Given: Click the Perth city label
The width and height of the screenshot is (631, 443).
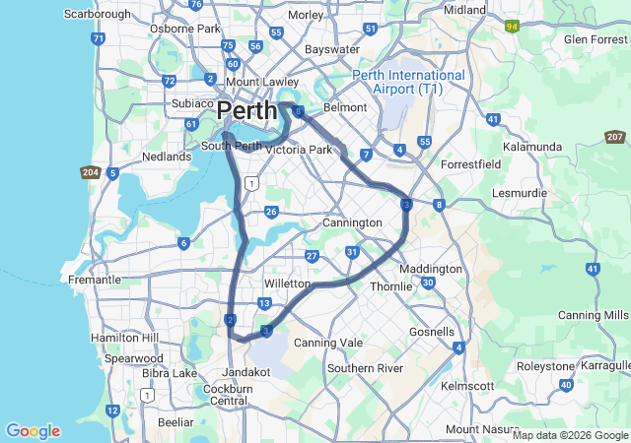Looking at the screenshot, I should tap(246, 109).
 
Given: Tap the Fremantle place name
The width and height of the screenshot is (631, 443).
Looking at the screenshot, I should tap(94, 280).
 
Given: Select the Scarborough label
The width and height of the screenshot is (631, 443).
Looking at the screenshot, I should tap(97, 15).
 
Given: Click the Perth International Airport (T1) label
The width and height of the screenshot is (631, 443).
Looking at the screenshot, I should tap(409, 83).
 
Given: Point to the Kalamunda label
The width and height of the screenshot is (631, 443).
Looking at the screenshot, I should tap(531, 147).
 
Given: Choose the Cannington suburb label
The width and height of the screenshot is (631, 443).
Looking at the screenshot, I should tap(352, 223).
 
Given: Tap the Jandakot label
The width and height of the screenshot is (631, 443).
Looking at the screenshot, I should tap(246, 373).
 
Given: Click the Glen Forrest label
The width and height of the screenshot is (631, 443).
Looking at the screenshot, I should tap(590, 39).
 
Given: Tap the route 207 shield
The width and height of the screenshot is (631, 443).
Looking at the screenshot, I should tap(615, 137).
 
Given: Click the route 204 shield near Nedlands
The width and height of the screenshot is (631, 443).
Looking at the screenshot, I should tap(89, 172).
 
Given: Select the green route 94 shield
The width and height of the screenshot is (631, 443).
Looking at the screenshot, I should tap(513, 27).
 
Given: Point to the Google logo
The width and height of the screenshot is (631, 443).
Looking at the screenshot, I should tap(33, 431).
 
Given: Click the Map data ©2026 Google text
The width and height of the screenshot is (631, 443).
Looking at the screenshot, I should tap(569, 435).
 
